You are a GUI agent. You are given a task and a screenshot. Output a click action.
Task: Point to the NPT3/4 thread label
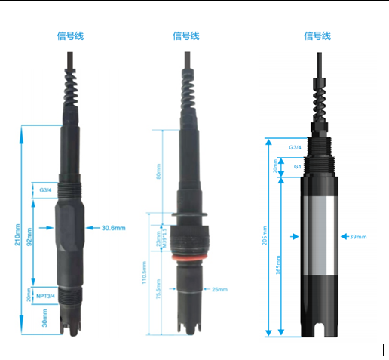tap(46, 297)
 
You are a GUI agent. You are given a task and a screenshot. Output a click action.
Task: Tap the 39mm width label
tap(358, 237)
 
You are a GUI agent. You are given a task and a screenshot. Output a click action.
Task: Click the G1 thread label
tap(298, 165)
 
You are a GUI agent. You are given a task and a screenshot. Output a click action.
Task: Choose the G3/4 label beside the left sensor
tap(46, 191)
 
